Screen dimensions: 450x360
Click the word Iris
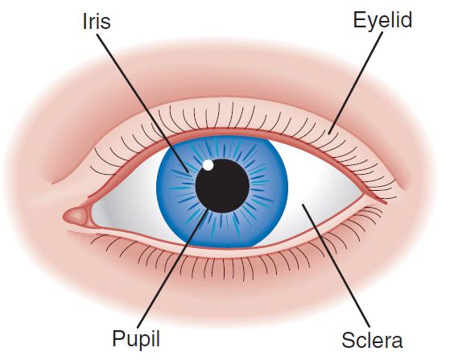tap(97, 22)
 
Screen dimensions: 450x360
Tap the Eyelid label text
tap(382, 21)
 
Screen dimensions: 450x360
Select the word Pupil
tap(136, 340)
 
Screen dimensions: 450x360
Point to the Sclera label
tap(372, 340)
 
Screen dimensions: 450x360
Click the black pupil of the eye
tap(222, 186)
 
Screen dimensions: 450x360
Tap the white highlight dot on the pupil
tap(208, 165)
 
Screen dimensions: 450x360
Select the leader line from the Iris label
tap(142, 104)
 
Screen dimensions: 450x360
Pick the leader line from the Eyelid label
tap(356, 83)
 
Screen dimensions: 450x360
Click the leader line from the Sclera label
tap(336, 266)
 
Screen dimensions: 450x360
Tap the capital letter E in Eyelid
tap(359, 20)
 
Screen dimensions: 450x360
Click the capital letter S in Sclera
tap(349, 340)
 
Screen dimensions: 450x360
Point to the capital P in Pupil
tap(119, 338)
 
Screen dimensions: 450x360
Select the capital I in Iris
tap(85, 22)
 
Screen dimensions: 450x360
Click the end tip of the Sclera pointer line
tap(302, 204)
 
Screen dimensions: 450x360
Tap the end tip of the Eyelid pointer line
tap(329, 134)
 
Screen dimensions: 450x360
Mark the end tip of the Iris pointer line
tap(189, 172)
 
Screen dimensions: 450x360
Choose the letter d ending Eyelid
tap(407, 20)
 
